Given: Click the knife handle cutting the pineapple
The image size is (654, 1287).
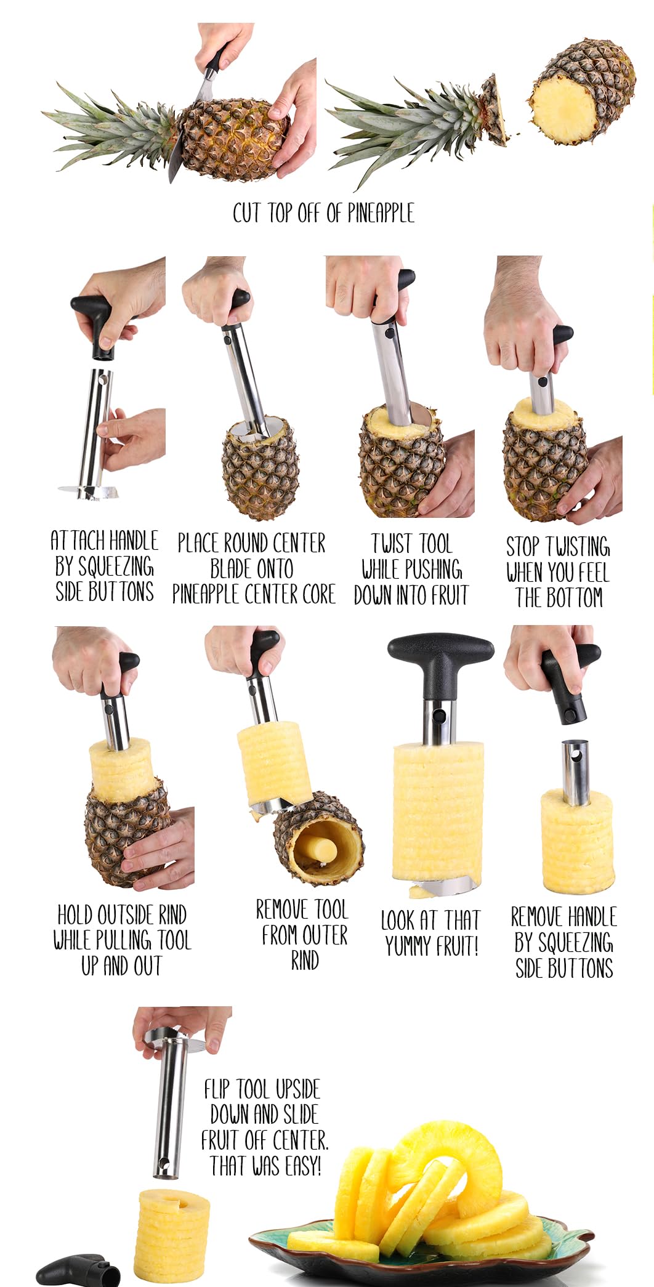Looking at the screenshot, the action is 213,61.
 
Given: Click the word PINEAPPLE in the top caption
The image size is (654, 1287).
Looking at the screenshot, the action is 381,213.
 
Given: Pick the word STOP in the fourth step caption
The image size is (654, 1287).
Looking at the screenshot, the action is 522,547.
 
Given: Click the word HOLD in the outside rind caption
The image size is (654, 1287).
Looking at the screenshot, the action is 76,915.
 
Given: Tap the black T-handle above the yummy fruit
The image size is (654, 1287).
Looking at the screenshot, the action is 440,665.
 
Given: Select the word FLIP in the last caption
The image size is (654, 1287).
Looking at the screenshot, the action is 217,1089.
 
